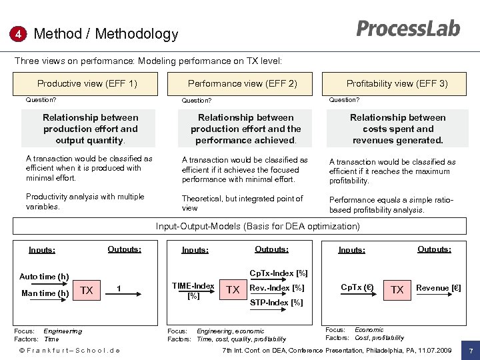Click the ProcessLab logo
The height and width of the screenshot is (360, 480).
408,29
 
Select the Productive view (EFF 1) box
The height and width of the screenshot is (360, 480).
87,83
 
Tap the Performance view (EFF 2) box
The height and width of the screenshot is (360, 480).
243,83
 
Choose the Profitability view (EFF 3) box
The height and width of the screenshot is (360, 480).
397,83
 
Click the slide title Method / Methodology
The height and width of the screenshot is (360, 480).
106,34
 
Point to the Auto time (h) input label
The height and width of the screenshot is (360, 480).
44,277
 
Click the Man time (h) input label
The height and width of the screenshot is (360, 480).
45,293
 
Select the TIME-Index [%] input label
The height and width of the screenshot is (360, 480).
193,290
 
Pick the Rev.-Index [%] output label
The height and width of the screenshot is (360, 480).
276,288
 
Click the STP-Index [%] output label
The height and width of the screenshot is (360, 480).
276,302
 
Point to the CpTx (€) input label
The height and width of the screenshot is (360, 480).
357,288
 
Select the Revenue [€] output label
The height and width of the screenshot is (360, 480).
439,288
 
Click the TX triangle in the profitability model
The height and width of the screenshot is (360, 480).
397,289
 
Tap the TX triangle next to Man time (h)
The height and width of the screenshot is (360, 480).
86,290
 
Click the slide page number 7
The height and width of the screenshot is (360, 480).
471,350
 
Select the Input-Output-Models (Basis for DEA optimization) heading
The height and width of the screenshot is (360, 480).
257,227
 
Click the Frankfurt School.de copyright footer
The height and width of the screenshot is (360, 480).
69,350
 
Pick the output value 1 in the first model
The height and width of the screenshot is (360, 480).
118,289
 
